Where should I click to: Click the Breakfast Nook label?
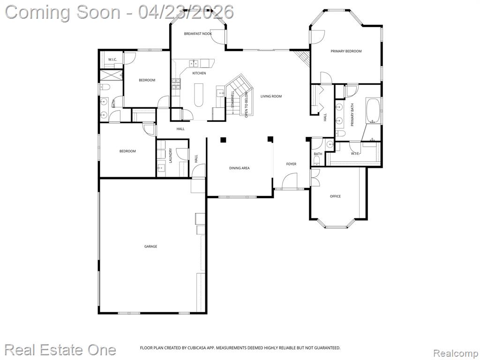pos(198,34)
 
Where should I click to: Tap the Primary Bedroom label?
pos(346,51)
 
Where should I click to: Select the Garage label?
pos(150,246)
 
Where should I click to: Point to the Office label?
pos(335,196)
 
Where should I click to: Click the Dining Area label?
pos(240,168)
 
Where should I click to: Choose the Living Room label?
pos(271,97)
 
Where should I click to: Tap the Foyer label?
pos(291,164)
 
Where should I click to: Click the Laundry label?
pos(171,156)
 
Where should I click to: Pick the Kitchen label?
pos(199,73)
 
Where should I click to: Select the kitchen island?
pos(199,95)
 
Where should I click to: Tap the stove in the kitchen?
pos(176,83)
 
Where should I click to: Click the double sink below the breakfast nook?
pos(194,63)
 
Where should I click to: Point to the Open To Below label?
pos(246,105)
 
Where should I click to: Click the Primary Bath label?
pos(352,115)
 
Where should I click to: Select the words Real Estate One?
pos(60,350)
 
